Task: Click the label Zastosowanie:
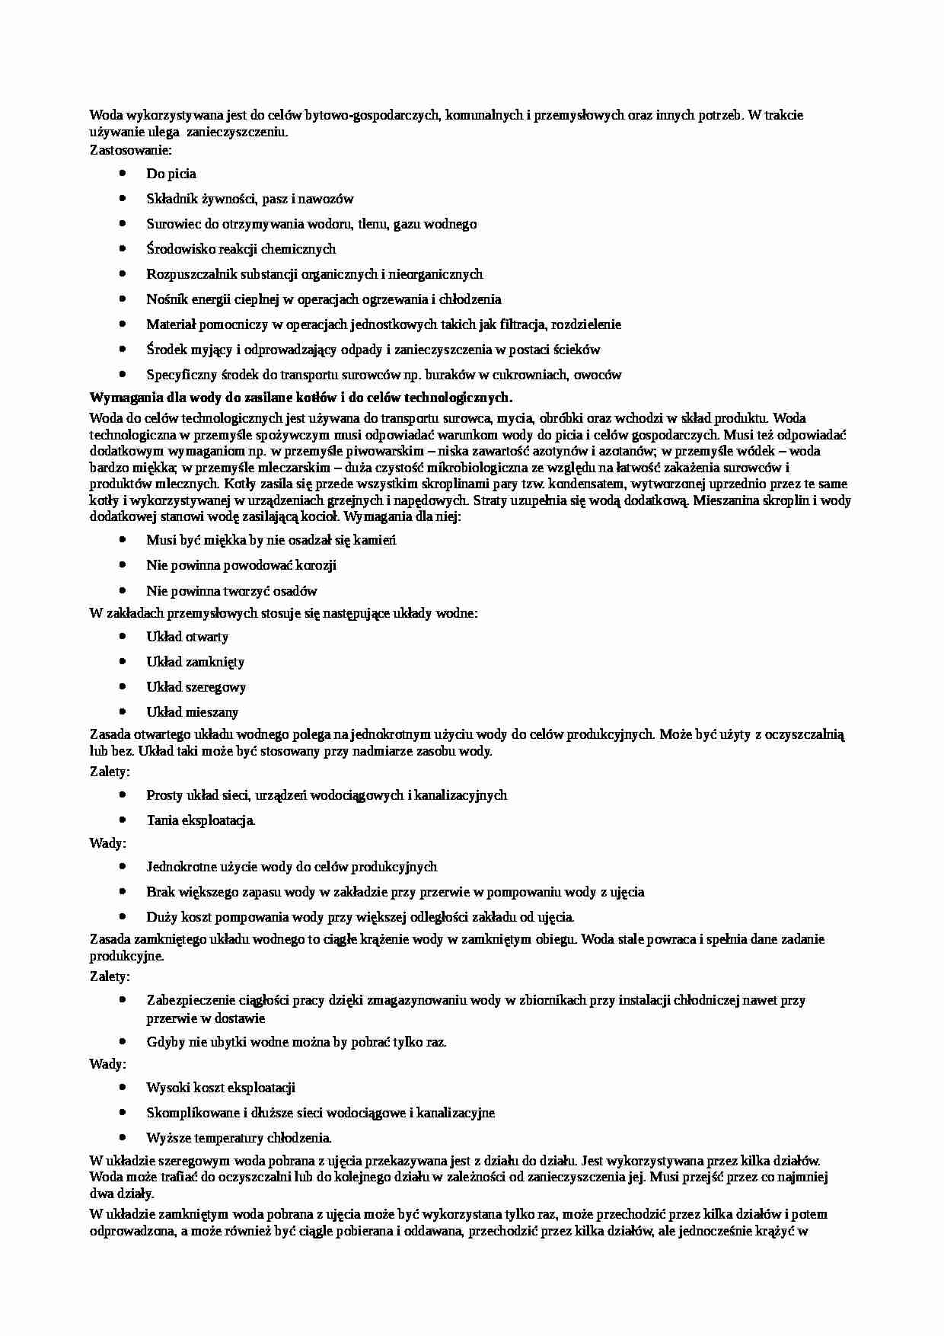[131, 150]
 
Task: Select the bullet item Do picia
[171, 174]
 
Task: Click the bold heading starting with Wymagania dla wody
[301, 398]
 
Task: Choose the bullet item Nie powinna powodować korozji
[241, 565]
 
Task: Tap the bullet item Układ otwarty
[187, 637]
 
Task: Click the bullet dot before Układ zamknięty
[123, 661]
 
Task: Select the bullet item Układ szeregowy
[196, 687]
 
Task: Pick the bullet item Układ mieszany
[192, 712]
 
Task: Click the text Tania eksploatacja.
[201, 820]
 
